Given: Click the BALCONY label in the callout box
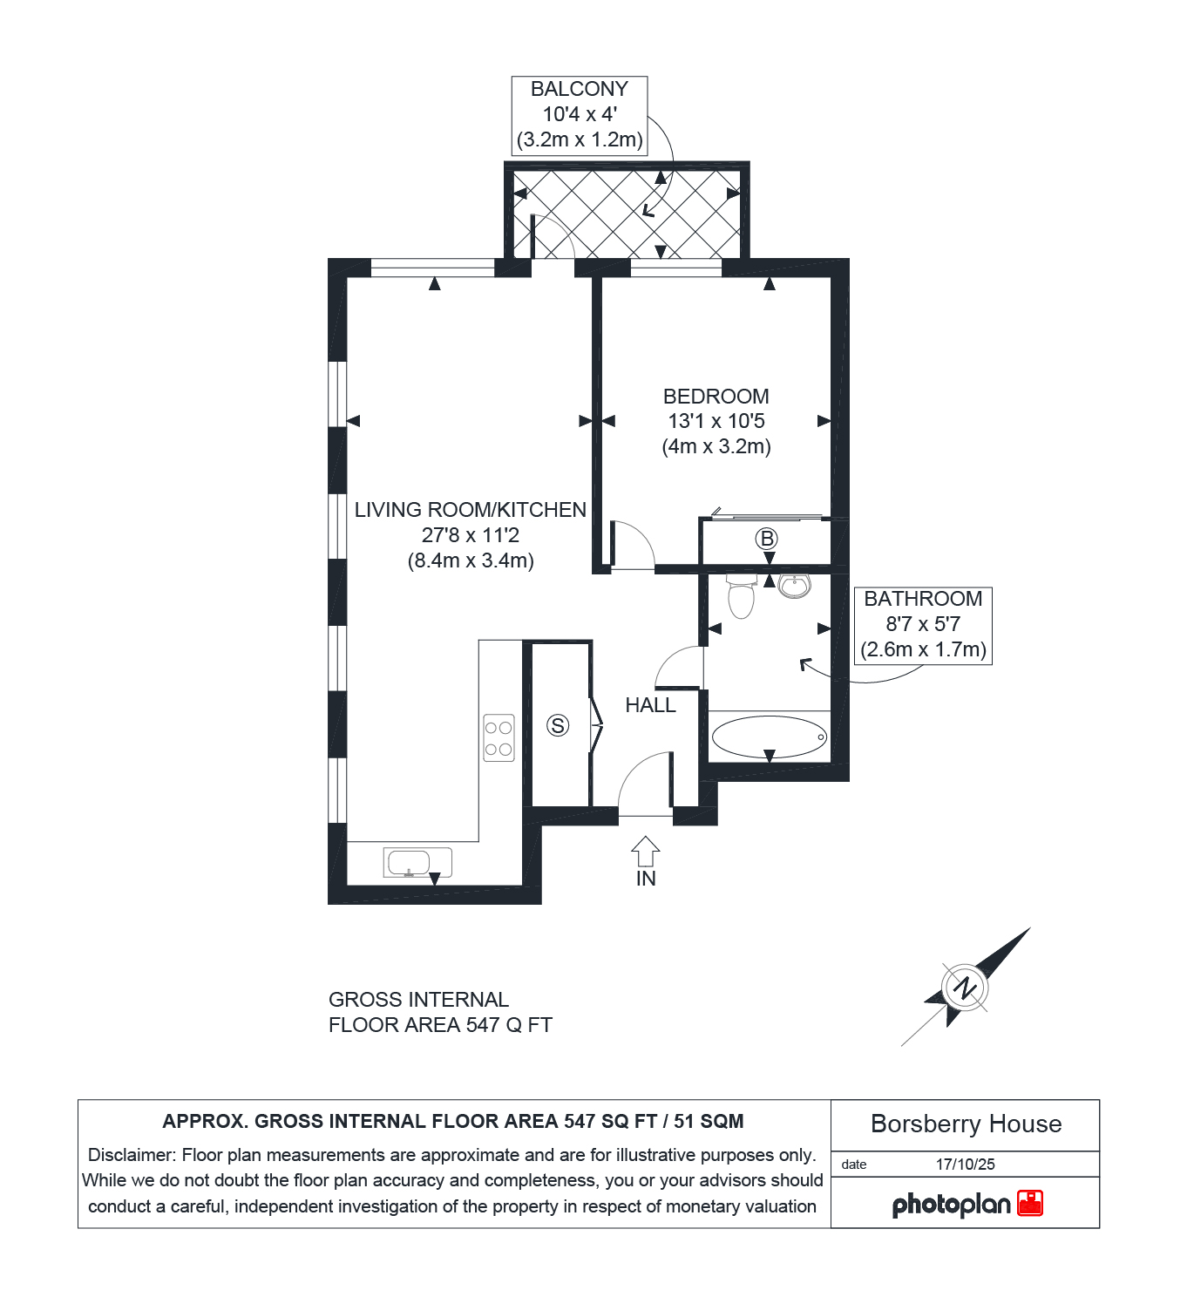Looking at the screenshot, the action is [x=580, y=89].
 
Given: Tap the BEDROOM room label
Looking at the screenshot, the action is [x=716, y=396].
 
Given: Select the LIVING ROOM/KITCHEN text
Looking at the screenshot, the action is [x=470, y=510].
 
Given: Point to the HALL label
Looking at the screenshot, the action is [x=650, y=705].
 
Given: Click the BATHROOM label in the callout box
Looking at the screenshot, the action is [x=923, y=599].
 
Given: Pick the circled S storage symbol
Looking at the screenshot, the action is [x=558, y=725].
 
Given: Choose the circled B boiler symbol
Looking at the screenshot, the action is [x=767, y=538].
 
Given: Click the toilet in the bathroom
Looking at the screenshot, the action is [x=741, y=595].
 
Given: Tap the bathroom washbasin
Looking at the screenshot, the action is [x=794, y=587].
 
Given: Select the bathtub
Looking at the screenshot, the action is [x=770, y=737].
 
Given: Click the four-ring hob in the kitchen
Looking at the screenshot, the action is [x=499, y=737].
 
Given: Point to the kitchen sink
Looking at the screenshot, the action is [x=417, y=863].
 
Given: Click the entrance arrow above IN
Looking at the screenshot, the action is [x=645, y=851].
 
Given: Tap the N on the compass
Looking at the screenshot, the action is [x=965, y=988].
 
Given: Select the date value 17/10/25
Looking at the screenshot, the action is [x=966, y=1164].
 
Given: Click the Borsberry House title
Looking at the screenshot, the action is [x=966, y=1124].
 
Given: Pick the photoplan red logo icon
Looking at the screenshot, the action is [x=1030, y=1203].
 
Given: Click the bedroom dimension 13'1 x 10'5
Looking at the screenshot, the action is [x=716, y=421].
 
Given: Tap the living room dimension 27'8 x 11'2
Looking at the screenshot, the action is [x=470, y=534].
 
